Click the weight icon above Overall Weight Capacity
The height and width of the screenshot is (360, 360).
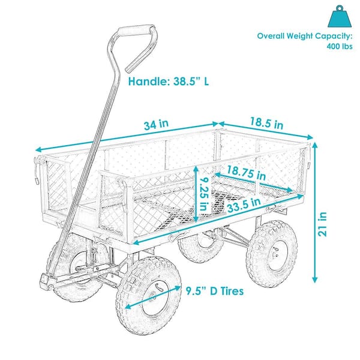[x=340, y=17]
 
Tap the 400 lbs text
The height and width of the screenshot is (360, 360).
[x=340, y=46]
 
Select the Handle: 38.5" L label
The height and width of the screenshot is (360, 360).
[x=169, y=81]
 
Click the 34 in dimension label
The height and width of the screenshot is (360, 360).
[x=156, y=125]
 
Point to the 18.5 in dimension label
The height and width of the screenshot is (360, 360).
[x=266, y=123]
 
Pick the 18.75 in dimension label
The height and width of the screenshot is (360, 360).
[x=247, y=173]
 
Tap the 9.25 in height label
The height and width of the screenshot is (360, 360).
[x=203, y=194]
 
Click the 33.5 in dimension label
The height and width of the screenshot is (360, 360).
[x=244, y=205]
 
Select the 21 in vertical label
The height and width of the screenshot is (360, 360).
[x=322, y=224]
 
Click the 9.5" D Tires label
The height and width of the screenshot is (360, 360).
[x=214, y=291]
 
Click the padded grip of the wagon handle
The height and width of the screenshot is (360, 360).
[x=136, y=31]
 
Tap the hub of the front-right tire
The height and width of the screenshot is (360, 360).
[x=153, y=298]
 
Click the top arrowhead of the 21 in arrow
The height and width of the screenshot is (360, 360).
[x=315, y=146]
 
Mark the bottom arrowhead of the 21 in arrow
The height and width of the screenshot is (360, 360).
[x=315, y=279]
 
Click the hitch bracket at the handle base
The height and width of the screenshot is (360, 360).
[x=48, y=281]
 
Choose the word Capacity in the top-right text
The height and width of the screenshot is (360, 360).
[x=333, y=36]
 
